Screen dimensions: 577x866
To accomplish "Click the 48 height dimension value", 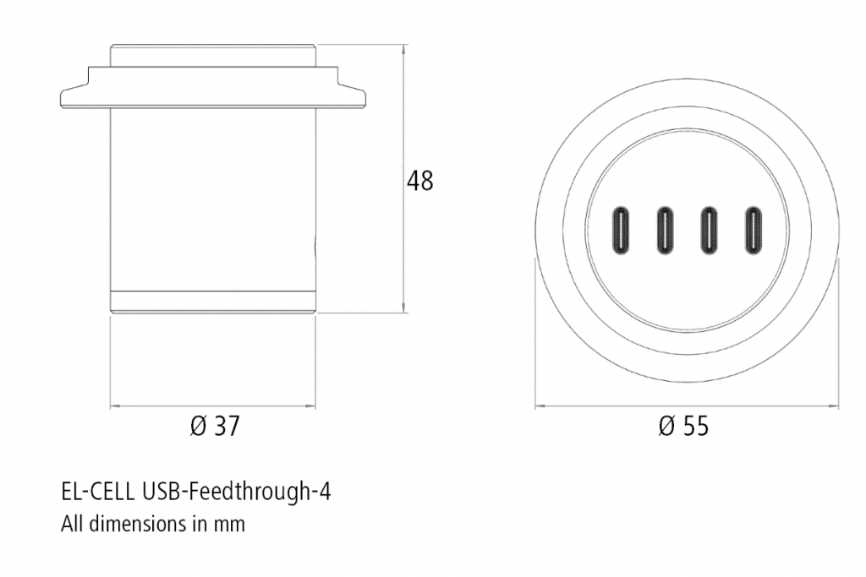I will click(x=419, y=181).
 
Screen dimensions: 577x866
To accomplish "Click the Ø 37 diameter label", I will click(x=214, y=427).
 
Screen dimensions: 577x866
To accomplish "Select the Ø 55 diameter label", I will click(x=683, y=427).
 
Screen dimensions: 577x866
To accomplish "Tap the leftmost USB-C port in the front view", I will click(x=622, y=229).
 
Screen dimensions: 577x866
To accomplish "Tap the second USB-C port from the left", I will click(x=666, y=229).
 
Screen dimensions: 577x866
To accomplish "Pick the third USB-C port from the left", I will click(x=709, y=229).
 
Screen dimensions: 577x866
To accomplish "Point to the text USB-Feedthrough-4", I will click(x=238, y=491).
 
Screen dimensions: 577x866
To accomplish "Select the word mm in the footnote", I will click(x=229, y=525).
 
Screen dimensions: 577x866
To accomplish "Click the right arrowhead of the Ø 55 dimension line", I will click(x=836, y=406).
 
